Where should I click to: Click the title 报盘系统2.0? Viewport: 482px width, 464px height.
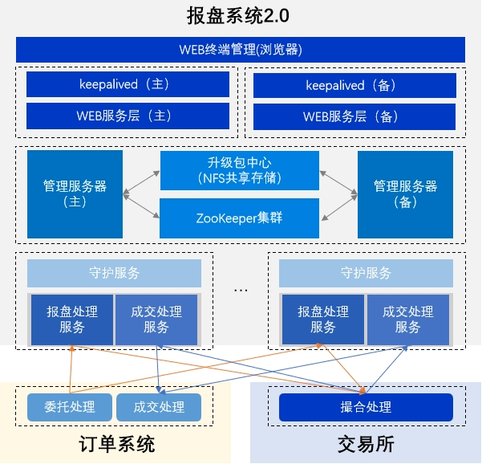tap(241, 15)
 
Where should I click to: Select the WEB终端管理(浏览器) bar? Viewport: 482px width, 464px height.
tap(241, 50)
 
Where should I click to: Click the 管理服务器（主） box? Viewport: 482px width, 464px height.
tap(75, 194)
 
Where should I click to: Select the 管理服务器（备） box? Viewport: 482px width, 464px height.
tap(405, 194)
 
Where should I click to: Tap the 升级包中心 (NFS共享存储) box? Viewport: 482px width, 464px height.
tap(240, 170)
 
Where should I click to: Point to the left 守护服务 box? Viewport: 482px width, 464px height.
tap(114, 273)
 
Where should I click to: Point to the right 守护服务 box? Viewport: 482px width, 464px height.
tap(366, 273)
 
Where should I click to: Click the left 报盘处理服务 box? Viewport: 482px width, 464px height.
tap(71, 320)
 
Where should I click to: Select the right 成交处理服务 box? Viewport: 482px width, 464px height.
tap(408, 320)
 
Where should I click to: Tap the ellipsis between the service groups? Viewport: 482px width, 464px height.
tap(241, 287)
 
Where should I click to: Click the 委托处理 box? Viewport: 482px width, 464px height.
tap(70, 407)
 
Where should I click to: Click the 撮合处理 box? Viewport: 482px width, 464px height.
tap(366, 407)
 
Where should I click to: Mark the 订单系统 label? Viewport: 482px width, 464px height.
tap(117, 444)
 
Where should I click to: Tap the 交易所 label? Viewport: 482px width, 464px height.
tap(365, 444)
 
